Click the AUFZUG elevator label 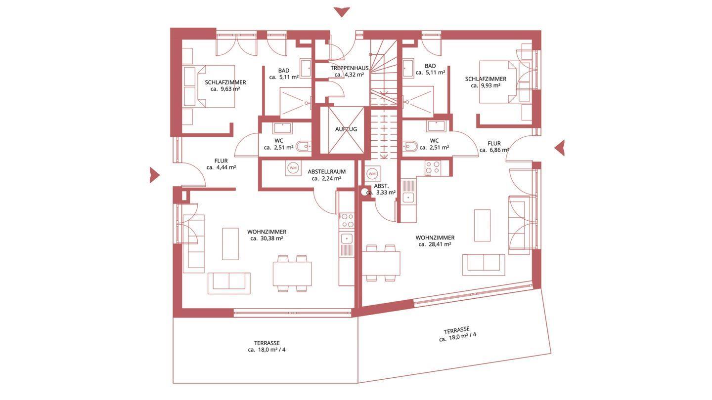click(346, 129)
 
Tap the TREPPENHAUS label click(349, 68)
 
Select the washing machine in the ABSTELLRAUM click(293, 167)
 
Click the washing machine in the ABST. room click(372, 174)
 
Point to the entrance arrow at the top click(342, 12)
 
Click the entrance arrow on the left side click(154, 175)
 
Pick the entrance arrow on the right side click(560, 148)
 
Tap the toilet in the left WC click(303, 147)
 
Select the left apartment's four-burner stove click(347, 220)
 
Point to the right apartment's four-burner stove click(433, 168)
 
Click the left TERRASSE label click(267, 343)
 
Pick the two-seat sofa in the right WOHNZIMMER click(484, 265)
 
